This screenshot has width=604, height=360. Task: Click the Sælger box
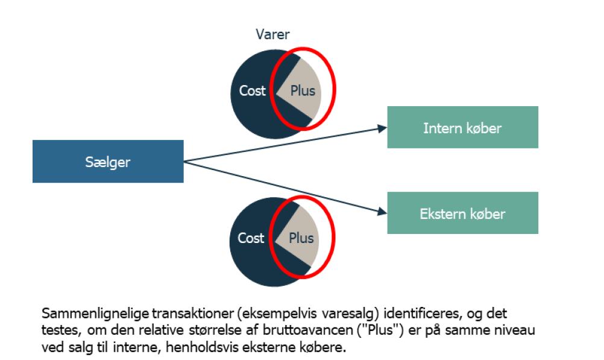tap(108, 162)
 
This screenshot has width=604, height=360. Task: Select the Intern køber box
tap(462, 128)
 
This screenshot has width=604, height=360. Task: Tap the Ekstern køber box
tap(462, 213)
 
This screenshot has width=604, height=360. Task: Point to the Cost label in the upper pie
tap(252, 91)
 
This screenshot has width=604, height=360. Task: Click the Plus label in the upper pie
tap(303, 91)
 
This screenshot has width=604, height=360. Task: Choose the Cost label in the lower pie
tap(251, 238)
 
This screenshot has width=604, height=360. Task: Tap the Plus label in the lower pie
tap(301, 238)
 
